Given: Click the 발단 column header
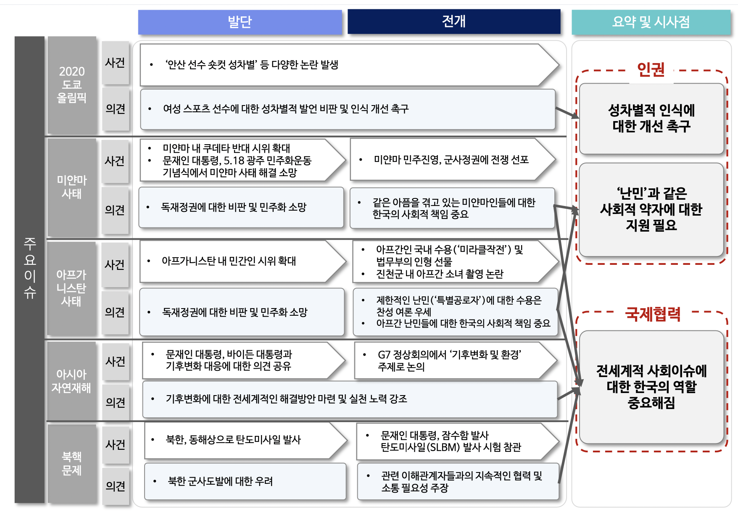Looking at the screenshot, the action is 240,21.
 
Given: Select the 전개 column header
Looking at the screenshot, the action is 454,21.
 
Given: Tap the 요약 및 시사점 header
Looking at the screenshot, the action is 651,22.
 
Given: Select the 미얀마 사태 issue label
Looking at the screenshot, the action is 72,187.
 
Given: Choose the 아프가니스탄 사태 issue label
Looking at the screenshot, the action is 71,288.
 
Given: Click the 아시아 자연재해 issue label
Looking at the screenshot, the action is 71,381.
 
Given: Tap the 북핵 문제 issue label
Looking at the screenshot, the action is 72,463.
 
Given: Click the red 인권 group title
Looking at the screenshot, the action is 651,69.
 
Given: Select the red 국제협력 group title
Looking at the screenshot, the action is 653,314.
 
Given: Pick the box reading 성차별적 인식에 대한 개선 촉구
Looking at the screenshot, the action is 651,119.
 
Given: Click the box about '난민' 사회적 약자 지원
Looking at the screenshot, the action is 651,209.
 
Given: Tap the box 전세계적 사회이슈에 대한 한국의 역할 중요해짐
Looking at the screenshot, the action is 651,387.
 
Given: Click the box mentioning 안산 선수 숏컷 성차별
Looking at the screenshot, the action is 349,65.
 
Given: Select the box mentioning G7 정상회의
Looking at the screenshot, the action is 456,361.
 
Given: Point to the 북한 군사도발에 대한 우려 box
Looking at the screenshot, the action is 245,481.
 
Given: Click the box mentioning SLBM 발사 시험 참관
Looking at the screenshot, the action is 458,441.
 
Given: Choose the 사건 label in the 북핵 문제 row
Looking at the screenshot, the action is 116,444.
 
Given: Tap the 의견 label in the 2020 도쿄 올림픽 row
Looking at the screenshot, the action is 116,109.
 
